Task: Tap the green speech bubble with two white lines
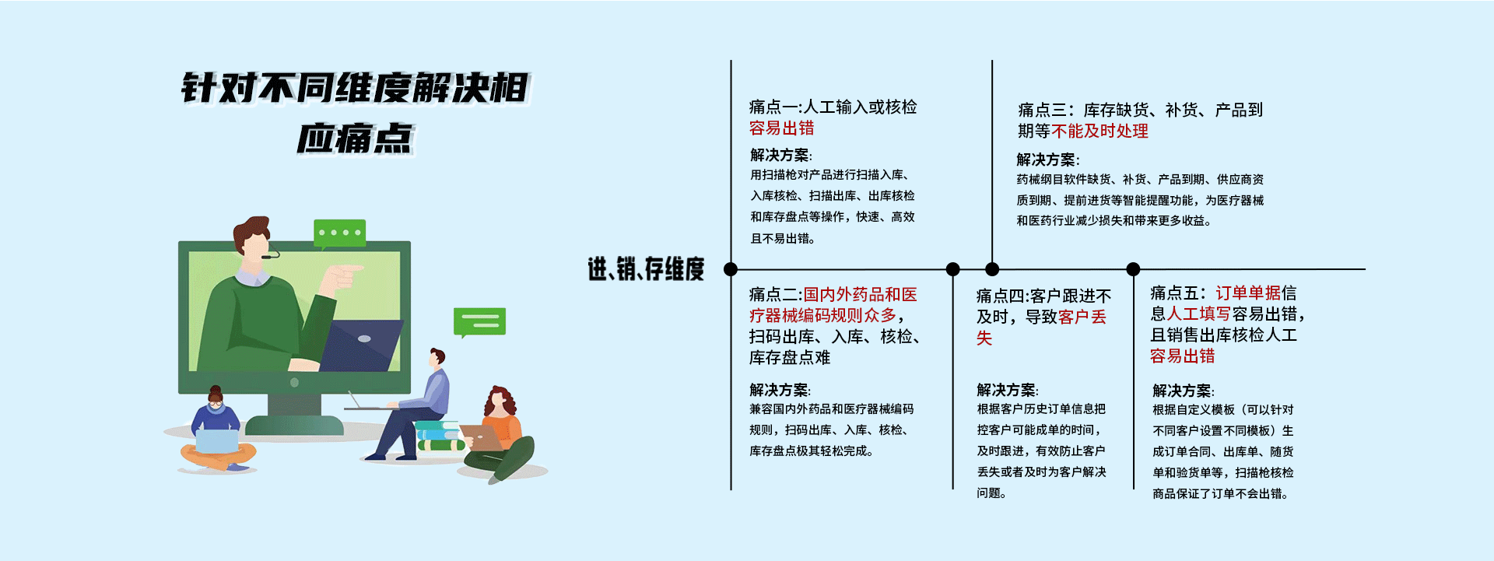(479, 321)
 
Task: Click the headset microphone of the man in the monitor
(270, 254)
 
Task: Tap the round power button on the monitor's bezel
(294, 383)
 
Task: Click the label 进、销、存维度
(646, 269)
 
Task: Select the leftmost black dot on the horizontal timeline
(730, 269)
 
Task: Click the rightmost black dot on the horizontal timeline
(1133, 269)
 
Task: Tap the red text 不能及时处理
(1099, 131)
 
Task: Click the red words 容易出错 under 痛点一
(781, 128)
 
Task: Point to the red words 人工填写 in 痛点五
(1198, 314)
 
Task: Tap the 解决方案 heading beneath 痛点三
(1047, 160)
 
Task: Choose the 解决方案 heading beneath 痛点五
(1182, 391)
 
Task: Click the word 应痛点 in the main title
(355, 138)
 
